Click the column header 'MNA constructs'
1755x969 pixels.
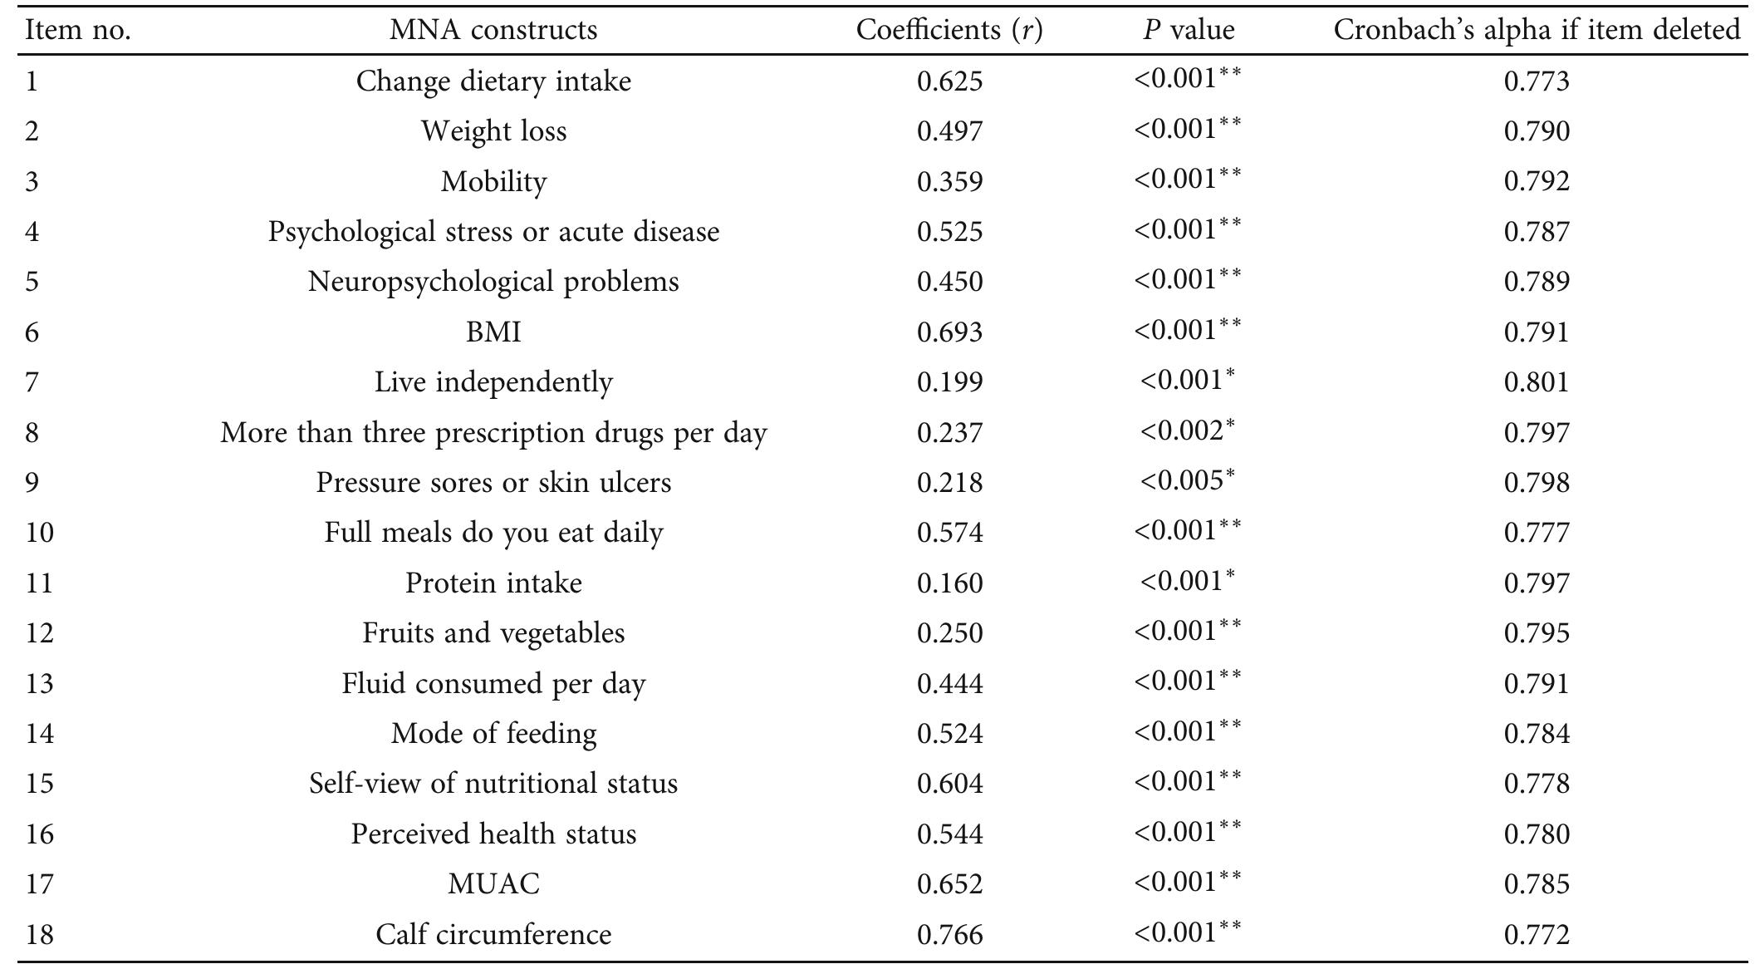click(x=493, y=31)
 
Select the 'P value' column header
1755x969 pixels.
click(x=1188, y=31)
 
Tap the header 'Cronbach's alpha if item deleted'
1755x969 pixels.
click(x=1536, y=31)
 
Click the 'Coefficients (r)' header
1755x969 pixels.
click(x=949, y=31)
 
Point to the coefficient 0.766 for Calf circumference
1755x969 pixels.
click(x=949, y=935)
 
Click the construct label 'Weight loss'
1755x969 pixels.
click(x=493, y=131)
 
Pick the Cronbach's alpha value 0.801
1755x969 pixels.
click(x=1537, y=382)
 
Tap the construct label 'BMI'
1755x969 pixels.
click(x=493, y=332)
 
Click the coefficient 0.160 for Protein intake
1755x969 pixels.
click(x=949, y=583)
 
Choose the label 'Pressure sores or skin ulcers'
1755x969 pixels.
click(x=493, y=483)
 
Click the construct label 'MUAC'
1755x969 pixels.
click(x=493, y=884)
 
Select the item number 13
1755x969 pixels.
click(x=40, y=684)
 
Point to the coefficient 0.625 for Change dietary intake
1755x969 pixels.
click(x=949, y=81)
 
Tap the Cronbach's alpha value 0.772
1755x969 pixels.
click(x=1537, y=935)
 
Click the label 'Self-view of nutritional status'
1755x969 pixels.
click(x=493, y=784)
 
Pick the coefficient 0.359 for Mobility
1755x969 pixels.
click(x=949, y=182)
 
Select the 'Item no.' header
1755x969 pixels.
click(x=78, y=31)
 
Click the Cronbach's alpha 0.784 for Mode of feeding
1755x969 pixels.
click(x=1537, y=734)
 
